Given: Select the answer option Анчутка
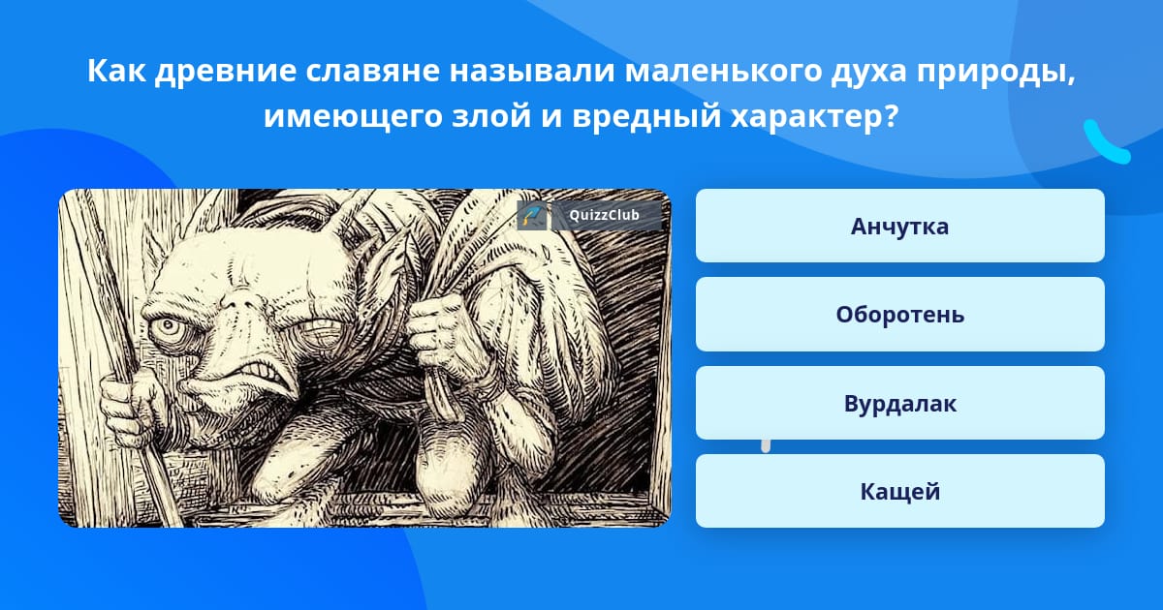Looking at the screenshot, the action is pyautogui.click(x=899, y=226).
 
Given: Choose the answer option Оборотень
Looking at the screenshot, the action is pyautogui.click(x=899, y=315).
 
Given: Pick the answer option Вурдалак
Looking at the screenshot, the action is pyautogui.click(x=899, y=403).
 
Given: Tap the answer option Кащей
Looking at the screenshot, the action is pyautogui.click(x=899, y=491).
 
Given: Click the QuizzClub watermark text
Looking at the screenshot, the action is pyautogui.click(x=604, y=215).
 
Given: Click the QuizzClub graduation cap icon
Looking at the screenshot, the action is pyautogui.click(x=532, y=215).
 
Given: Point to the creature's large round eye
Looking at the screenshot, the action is pyautogui.click(x=167, y=326).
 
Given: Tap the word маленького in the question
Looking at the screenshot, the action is pyautogui.click(x=723, y=71).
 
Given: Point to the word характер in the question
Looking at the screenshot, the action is pyautogui.click(x=813, y=118).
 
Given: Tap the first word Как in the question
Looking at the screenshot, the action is pyautogui.click(x=116, y=71).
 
